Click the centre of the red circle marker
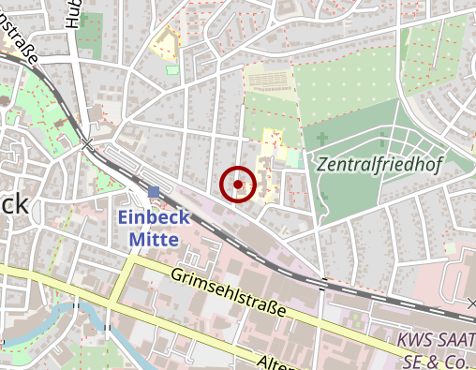(x=238, y=185)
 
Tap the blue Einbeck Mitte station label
(x=154, y=228)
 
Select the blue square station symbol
(x=154, y=192)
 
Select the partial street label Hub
(x=71, y=14)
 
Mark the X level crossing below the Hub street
(x=87, y=143)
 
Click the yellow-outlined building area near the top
(x=167, y=44)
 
